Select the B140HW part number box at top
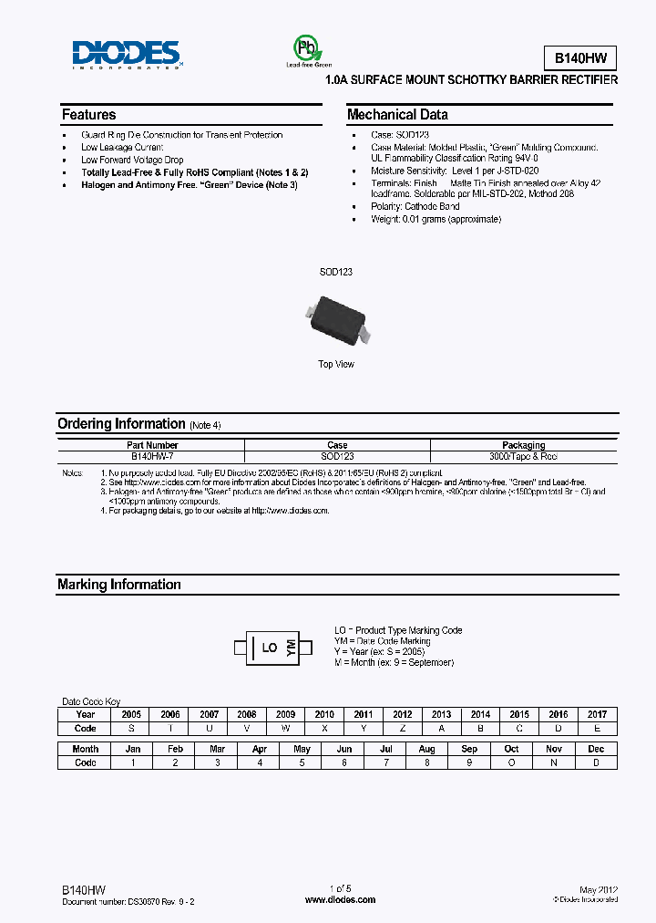(579, 57)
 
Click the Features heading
(89, 115)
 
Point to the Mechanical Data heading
(397, 115)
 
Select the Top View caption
(336, 364)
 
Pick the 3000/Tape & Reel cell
(523, 456)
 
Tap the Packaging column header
(523, 445)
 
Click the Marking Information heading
(119, 585)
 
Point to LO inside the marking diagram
(270, 648)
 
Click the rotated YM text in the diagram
(292, 648)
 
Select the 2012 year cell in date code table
(403, 715)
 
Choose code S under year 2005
(131, 728)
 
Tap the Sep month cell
(469, 749)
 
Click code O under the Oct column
(512, 762)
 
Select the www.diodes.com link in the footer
(340, 900)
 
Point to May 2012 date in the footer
(599, 889)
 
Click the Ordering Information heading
(121, 424)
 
